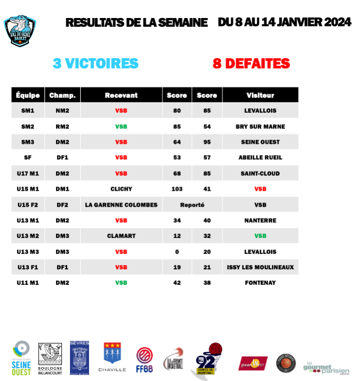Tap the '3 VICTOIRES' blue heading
point(96,63)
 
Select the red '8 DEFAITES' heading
point(251,63)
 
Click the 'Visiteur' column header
point(260,95)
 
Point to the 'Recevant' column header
point(121,95)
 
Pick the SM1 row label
point(28,111)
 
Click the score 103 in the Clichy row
point(177,189)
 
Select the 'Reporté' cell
point(192,205)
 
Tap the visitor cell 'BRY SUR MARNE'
point(260,126)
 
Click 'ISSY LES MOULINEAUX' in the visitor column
point(260,267)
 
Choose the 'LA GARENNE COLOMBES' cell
point(121,205)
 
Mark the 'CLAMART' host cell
point(121,236)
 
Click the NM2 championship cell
point(62,111)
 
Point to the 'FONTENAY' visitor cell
point(260,283)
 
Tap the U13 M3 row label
point(28,251)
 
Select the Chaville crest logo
point(115,356)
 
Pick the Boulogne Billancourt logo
point(50,356)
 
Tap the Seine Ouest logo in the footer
point(21,356)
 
